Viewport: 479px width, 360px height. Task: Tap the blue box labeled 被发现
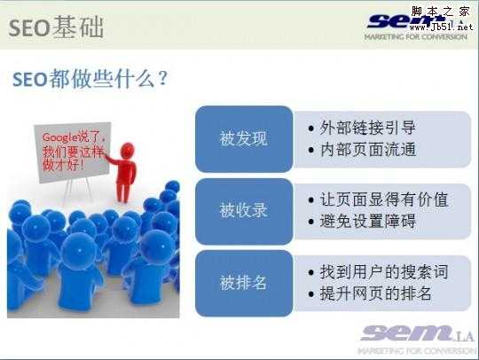(243, 139)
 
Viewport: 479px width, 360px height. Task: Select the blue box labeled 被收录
(243, 211)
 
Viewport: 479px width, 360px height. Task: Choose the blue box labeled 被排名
(243, 283)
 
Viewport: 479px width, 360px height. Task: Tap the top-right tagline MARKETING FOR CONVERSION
(415, 36)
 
